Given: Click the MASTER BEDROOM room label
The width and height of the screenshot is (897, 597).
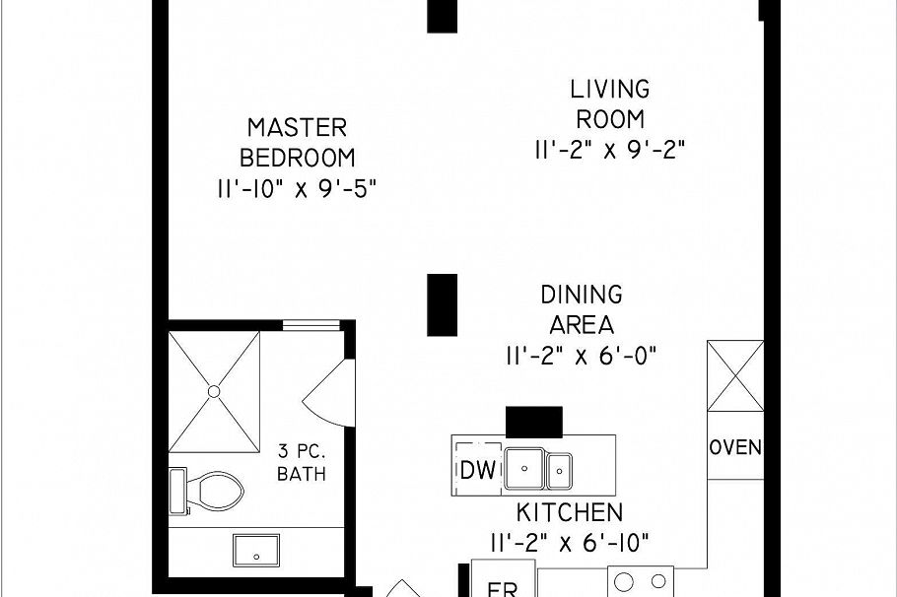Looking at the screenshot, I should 297,142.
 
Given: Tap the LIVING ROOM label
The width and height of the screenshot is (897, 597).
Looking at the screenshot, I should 610,103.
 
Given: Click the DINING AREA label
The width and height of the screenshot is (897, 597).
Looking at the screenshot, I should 582,309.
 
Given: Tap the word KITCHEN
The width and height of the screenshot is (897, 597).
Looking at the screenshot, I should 570,512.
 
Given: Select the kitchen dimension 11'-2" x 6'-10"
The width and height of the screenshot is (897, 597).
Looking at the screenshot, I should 570,542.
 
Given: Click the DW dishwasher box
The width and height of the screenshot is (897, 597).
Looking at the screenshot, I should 478,470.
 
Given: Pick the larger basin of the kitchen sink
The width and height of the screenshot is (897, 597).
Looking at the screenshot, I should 525,465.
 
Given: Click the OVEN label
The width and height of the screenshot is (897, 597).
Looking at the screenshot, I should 735,447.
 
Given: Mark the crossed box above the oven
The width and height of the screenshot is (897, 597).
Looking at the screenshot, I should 735,375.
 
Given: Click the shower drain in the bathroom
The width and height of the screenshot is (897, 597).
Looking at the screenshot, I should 213,392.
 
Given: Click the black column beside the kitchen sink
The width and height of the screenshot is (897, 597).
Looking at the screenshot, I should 533,421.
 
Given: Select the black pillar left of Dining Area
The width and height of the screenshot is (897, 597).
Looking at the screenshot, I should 442,304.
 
